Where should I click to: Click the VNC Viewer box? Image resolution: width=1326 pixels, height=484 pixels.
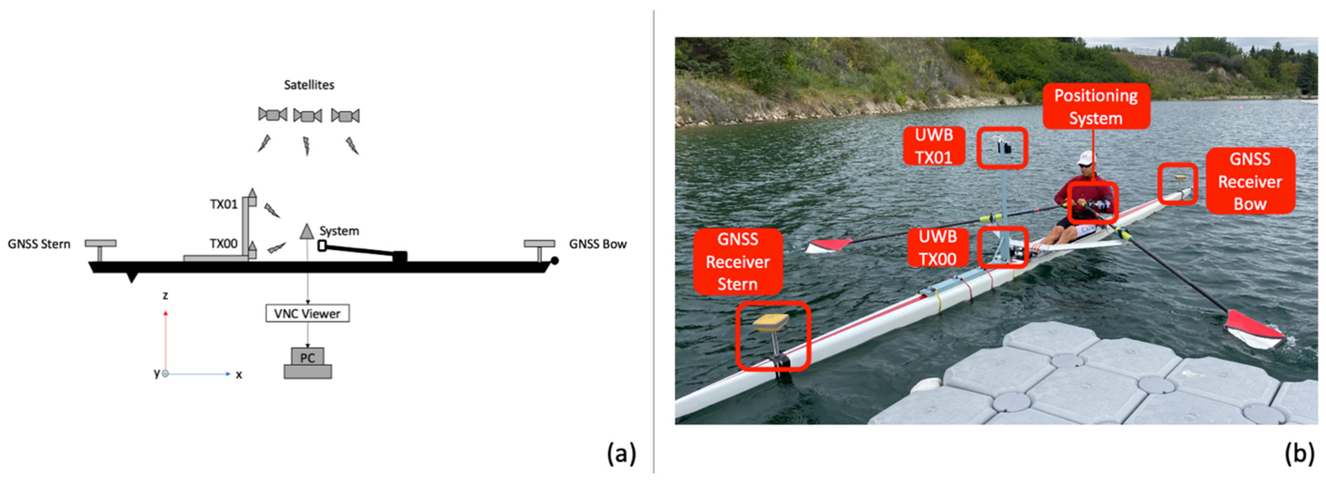point(307,313)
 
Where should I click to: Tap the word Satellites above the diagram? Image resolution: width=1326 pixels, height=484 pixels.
point(309,85)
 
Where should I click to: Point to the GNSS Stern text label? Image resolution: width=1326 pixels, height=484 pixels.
point(39,244)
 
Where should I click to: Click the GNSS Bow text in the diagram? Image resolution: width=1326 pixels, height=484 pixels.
point(598,244)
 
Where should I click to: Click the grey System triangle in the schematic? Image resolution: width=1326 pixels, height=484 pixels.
point(307,231)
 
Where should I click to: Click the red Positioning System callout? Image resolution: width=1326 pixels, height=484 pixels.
point(1096,107)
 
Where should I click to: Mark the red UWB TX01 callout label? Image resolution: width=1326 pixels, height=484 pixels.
point(934,146)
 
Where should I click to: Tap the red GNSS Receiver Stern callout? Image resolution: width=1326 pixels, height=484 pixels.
point(738,262)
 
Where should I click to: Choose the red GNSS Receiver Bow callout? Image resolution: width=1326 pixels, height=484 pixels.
point(1250,181)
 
